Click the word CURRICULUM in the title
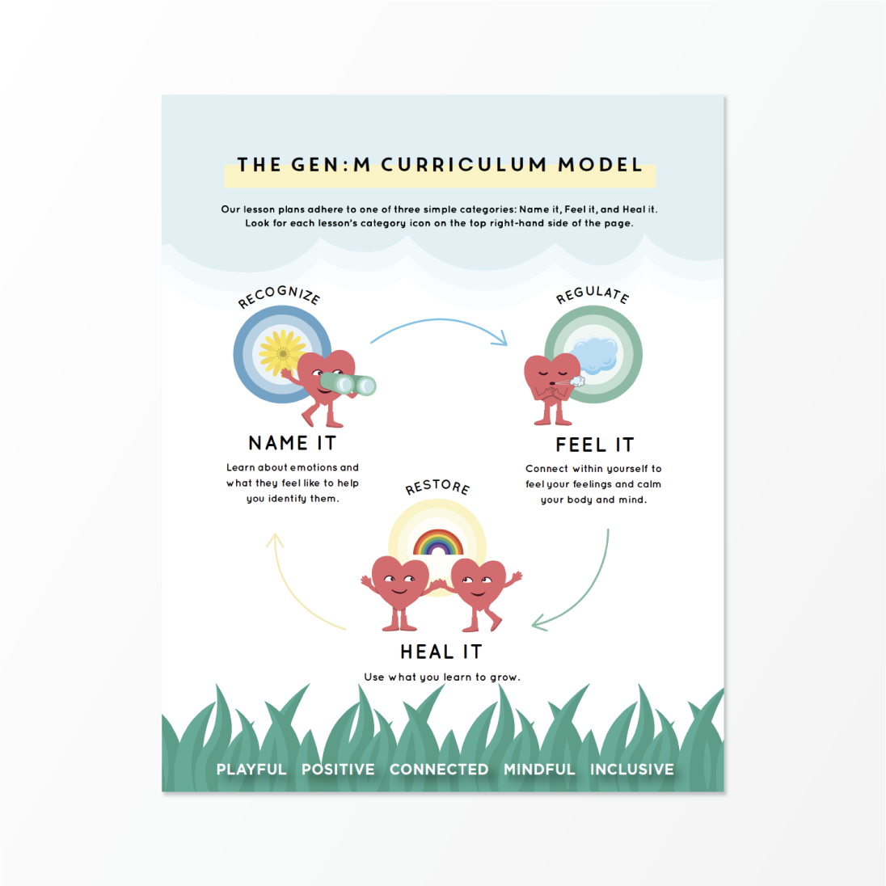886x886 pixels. point(464,164)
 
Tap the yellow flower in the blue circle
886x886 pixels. point(282,352)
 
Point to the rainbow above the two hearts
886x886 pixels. point(438,542)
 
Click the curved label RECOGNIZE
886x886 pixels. point(279,296)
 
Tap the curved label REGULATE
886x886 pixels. point(593,294)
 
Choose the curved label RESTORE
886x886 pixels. point(437,487)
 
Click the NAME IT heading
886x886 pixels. point(293,443)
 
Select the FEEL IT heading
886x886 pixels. point(595,445)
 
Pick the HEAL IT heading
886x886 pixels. point(441,652)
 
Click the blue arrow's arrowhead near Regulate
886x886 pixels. point(500,338)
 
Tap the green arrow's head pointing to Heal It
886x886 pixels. point(539,622)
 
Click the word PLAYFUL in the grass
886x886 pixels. point(251,769)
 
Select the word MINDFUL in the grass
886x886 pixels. point(539,769)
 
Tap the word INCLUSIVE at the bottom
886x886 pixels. point(631,769)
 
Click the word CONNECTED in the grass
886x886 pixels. point(439,769)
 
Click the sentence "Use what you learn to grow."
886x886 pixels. point(442,677)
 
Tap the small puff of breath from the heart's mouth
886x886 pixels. point(577,382)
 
